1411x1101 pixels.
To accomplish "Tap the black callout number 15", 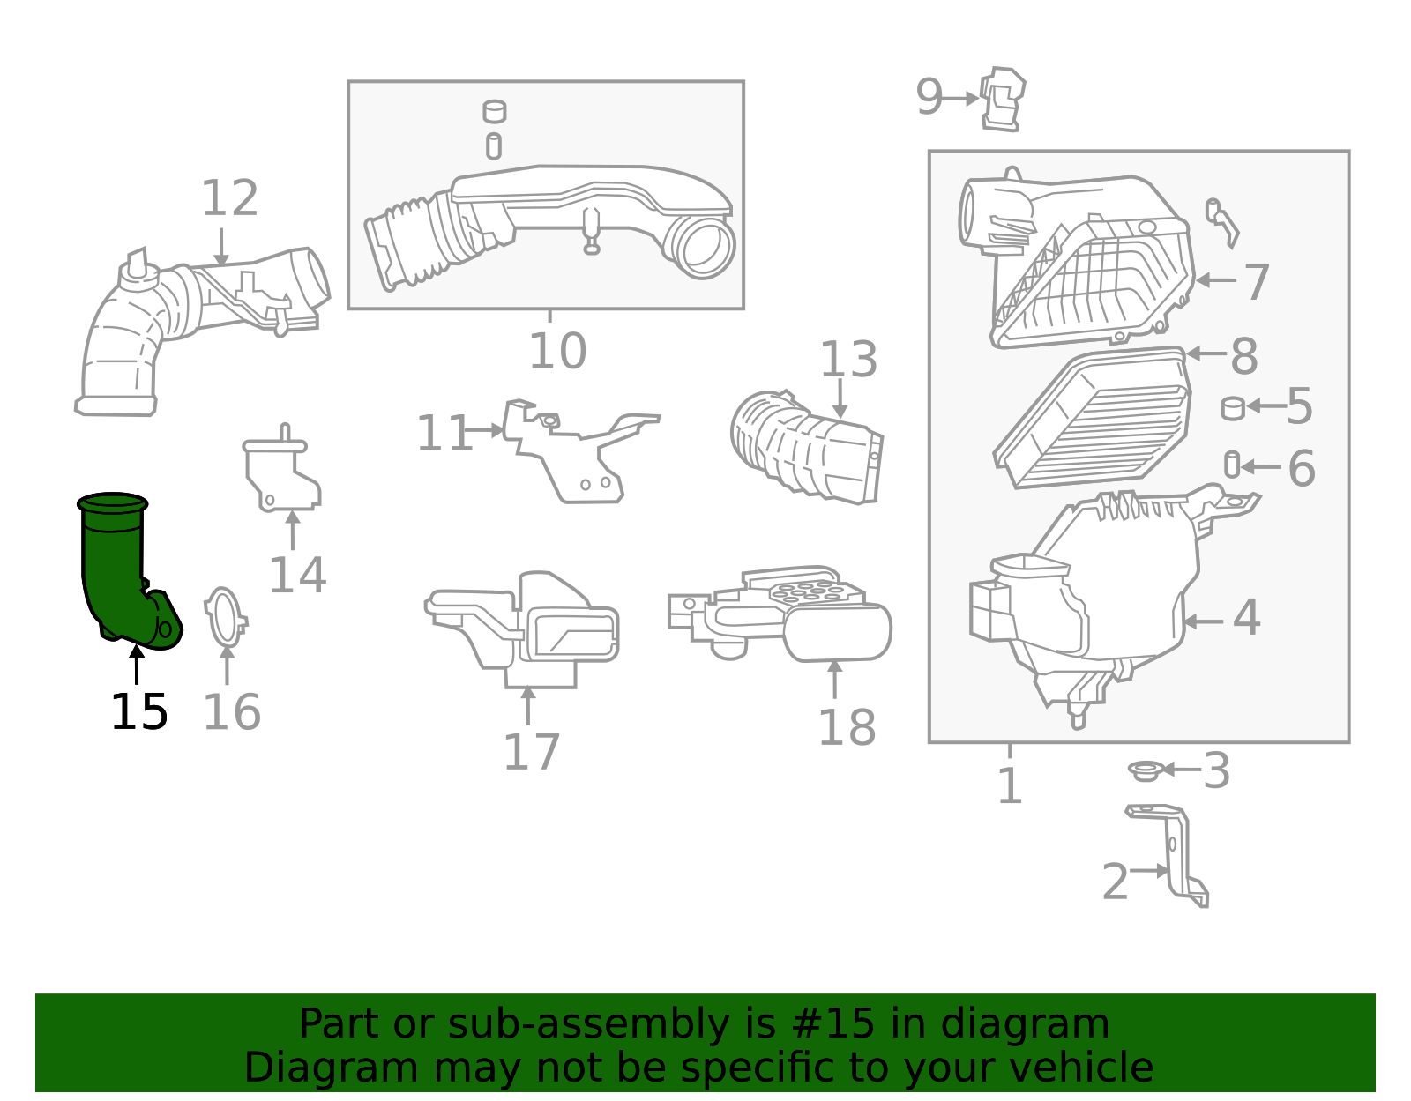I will click(x=138, y=712).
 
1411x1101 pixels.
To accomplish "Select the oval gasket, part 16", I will click(x=224, y=617).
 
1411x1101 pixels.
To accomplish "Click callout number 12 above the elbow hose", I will click(x=229, y=199).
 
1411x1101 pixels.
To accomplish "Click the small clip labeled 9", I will click(x=1003, y=99).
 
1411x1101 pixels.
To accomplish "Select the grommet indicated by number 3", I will click(x=1144, y=771).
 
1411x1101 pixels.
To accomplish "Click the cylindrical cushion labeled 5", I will click(x=1233, y=407).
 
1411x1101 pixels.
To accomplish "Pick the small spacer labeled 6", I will click(x=1232, y=465).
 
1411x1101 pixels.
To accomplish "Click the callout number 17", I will click(x=531, y=753).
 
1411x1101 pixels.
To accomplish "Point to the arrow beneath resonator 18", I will click(x=834, y=679).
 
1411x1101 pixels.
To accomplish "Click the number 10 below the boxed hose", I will click(x=557, y=352).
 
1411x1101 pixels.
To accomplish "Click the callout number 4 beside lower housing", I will click(x=1246, y=618).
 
